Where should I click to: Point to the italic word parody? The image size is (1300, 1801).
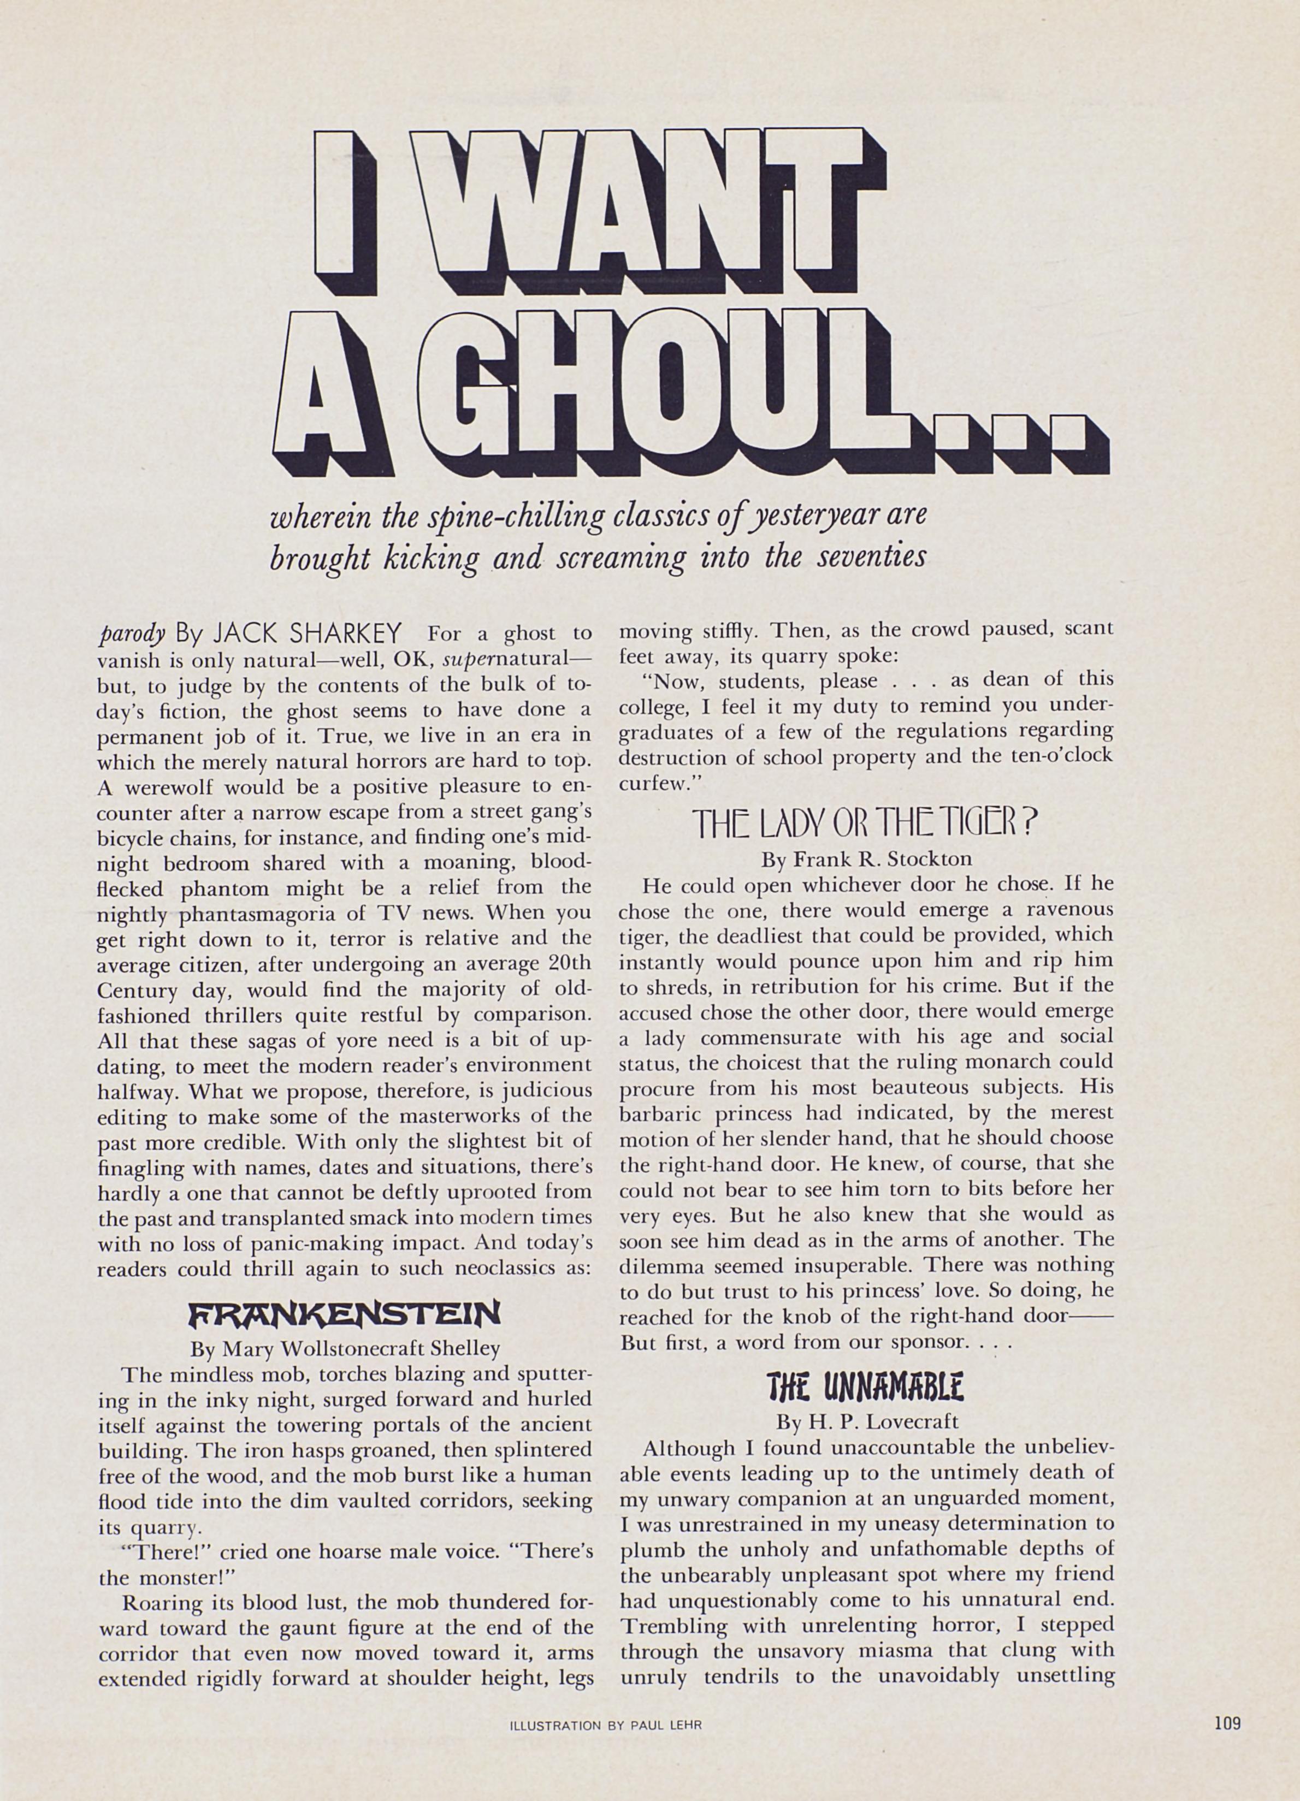click(132, 633)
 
